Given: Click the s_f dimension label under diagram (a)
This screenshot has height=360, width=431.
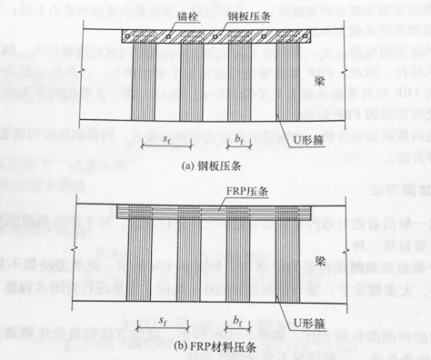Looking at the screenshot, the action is [165, 141].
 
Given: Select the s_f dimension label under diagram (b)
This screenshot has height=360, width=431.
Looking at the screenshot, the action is [165, 322].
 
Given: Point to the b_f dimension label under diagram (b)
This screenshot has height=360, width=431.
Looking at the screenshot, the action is [237, 322].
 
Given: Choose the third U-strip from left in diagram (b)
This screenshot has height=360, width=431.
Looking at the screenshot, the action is [237, 264].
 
